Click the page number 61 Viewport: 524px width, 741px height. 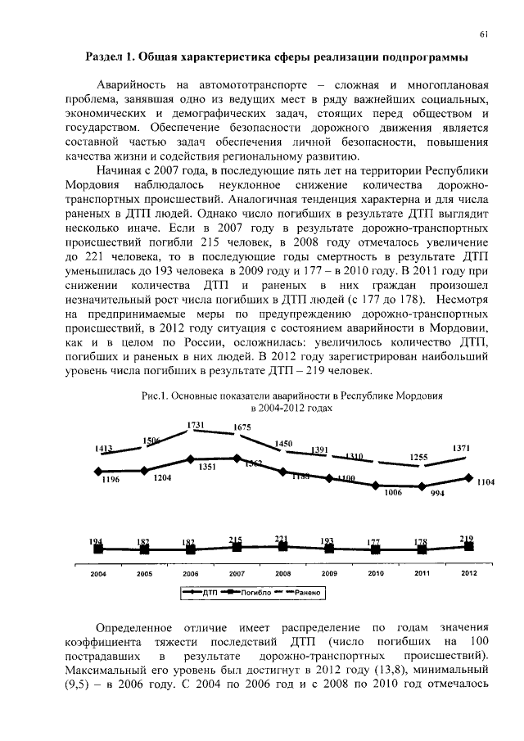point(484,34)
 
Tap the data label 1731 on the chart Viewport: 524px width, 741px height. point(196,425)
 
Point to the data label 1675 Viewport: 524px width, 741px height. point(242,427)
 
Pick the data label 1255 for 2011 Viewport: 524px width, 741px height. point(418,457)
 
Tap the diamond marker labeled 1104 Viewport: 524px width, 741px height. point(468,477)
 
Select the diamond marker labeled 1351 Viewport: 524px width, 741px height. point(191,459)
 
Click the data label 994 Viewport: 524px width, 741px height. point(437,495)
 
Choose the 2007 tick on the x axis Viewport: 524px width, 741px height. point(237,574)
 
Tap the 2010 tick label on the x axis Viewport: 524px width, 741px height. point(376,574)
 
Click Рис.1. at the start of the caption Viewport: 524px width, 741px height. point(155,396)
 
